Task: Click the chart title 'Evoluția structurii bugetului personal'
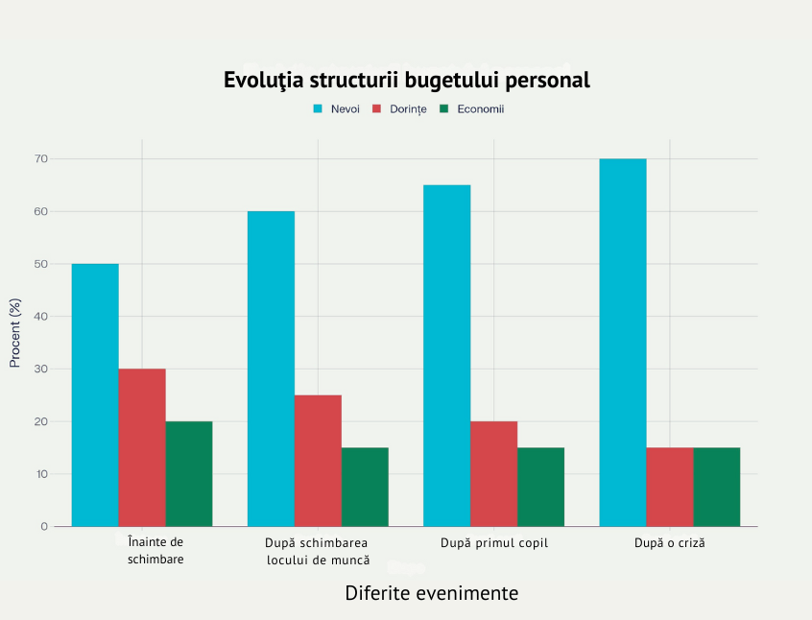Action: click(x=406, y=80)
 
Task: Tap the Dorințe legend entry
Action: click(x=407, y=109)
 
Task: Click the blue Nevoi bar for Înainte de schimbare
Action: click(x=95, y=394)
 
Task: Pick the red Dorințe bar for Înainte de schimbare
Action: click(x=142, y=447)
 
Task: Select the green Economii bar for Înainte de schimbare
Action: click(x=189, y=473)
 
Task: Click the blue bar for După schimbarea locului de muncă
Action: click(x=271, y=369)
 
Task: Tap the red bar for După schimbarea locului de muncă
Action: click(x=318, y=461)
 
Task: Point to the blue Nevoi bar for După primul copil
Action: click(x=446, y=355)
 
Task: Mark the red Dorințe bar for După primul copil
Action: click(x=493, y=473)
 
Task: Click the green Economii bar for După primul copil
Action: click(x=540, y=487)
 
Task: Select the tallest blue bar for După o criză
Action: click(x=622, y=343)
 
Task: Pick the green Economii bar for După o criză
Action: click(x=716, y=487)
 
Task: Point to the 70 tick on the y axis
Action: click(x=41, y=158)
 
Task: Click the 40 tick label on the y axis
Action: click(x=41, y=317)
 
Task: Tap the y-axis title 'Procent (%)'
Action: click(x=14, y=333)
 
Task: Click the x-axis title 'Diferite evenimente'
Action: click(x=431, y=593)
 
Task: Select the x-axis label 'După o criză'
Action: click(x=669, y=543)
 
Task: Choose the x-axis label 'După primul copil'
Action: click(x=493, y=543)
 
